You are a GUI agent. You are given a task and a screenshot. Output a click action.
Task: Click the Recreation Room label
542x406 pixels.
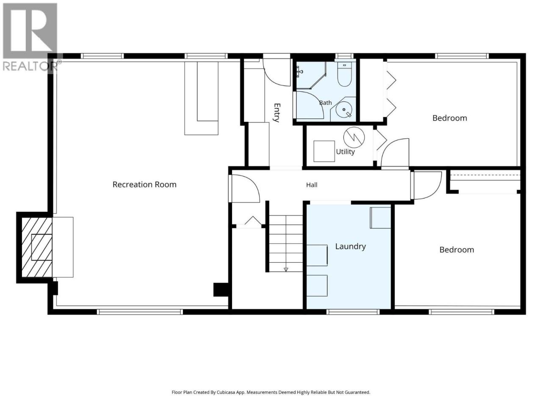(x=144, y=184)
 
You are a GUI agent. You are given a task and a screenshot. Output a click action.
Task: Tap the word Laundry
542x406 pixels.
(x=350, y=247)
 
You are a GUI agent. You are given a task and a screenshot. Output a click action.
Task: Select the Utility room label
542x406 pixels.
(x=345, y=152)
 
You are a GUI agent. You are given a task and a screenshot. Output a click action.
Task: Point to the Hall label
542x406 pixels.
(x=312, y=185)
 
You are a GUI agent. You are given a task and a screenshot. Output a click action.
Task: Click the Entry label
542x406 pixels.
(x=277, y=112)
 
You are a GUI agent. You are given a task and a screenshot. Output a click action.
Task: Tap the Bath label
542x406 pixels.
(x=326, y=102)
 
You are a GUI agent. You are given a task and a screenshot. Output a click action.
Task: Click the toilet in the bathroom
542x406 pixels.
(x=344, y=74)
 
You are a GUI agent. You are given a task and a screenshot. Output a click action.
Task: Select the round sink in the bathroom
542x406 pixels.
(x=344, y=110)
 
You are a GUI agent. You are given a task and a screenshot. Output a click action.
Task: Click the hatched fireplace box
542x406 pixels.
(x=37, y=247)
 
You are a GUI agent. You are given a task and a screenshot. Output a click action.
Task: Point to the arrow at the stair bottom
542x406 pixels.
(x=286, y=269)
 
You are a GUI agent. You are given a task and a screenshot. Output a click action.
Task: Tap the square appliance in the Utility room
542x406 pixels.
(x=324, y=151)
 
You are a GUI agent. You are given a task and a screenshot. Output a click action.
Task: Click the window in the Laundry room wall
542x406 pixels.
(x=353, y=312)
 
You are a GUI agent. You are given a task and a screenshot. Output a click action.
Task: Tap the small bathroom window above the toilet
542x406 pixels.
(x=346, y=56)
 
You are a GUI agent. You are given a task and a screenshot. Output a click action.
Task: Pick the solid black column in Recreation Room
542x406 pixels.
(x=221, y=290)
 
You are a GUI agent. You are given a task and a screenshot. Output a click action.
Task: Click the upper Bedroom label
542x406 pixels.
(x=450, y=118)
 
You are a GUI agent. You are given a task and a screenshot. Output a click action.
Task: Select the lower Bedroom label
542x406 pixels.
(x=456, y=250)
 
